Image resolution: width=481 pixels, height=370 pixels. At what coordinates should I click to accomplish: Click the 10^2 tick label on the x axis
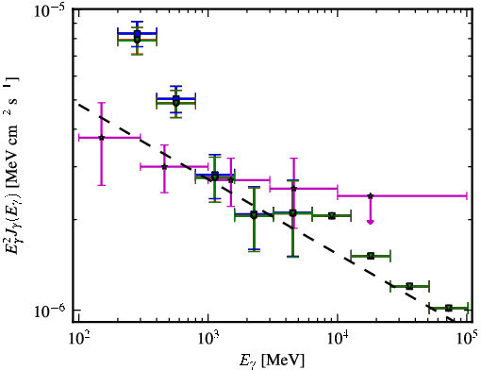tap(78, 338)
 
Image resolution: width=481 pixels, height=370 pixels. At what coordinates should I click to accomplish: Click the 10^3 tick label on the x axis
tap(207, 338)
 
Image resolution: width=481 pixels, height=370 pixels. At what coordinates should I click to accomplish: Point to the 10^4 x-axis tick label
tap(338, 338)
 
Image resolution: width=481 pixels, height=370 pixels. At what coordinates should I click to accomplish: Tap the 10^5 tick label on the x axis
tap(466, 338)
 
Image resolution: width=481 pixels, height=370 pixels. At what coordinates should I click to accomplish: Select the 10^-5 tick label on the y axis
tap(49, 13)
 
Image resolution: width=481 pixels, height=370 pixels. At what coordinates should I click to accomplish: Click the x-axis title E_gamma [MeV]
tap(272, 360)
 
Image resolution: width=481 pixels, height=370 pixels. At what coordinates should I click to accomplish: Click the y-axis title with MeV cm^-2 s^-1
tap(12, 170)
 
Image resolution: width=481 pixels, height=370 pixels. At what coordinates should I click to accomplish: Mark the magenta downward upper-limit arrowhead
tap(371, 222)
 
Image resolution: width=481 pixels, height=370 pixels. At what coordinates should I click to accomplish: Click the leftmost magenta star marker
tap(101, 138)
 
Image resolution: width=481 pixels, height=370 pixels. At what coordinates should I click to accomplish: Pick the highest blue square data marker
tap(137, 33)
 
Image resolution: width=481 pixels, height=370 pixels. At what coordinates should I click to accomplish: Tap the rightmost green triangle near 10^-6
tap(449, 308)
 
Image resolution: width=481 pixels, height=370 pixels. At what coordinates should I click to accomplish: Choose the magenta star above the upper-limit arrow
tap(371, 195)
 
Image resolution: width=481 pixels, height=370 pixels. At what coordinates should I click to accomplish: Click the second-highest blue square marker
tap(176, 99)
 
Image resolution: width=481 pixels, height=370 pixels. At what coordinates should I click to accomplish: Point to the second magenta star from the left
tap(164, 166)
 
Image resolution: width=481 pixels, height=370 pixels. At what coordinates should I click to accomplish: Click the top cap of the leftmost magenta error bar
tap(101, 103)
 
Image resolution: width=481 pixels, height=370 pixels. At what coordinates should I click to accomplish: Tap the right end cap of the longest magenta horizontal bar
tap(467, 195)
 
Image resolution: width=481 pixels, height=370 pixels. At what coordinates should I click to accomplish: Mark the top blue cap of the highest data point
tap(137, 22)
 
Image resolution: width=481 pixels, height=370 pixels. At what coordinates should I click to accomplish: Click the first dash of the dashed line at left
tap(83, 107)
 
